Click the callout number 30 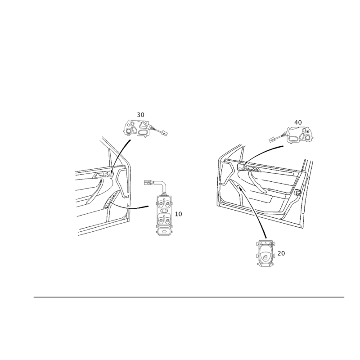[x=140, y=115]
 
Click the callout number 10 [x=178, y=214]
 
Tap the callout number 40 [x=298, y=122]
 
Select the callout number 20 [x=281, y=253]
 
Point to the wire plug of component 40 [x=272, y=139]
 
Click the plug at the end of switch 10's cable [x=148, y=183]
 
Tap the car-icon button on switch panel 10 [x=163, y=231]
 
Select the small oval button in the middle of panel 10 [x=163, y=210]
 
